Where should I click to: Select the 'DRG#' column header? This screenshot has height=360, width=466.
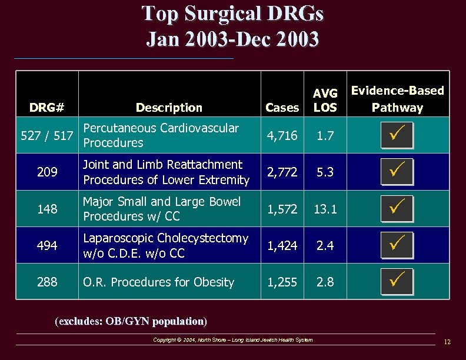pyautogui.click(x=46, y=107)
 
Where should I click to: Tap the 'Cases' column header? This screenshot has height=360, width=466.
pyautogui.click(x=282, y=107)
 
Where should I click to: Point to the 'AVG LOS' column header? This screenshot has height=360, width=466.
pyautogui.click(x=325, y=100)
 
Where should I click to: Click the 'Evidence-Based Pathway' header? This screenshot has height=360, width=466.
pyautogui.click(x=397, y=99)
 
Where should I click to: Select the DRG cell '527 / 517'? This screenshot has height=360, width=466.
pyautogui.click(x=46, y=136)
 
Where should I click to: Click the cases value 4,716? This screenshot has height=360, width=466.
pyautogui.click(x=282, y=135)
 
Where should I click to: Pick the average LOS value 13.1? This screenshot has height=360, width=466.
pyautogui.click(x=325, y=209)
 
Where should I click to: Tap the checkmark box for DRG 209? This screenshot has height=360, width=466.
pyautogui.click(x=397, y=172)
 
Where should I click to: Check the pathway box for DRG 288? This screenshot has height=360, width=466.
pyautogui.click(x=397, y=282)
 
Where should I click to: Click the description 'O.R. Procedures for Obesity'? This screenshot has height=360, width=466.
pyautogui.click(x=158, y=282)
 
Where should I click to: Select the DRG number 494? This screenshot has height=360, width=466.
pyautogui.click(x=46, y=246)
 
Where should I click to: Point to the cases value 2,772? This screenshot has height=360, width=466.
pyautogui.click(x=282, y=172)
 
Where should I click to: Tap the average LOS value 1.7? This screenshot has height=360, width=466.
pyautogui.click(x=325, y=135)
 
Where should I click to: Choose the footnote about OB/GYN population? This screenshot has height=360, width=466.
pyautogui.click(x=131, y=321)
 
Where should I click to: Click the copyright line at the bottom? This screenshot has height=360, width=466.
pyautogui.click(x=232, y=340)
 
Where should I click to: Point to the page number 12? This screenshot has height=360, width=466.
pyautogui.click(x=447, y=342)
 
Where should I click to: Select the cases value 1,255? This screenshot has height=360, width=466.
pyautogui.click(x=282, y=282)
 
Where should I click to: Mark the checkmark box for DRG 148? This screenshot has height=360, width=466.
pyautogui.click(x=397, y=209)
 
